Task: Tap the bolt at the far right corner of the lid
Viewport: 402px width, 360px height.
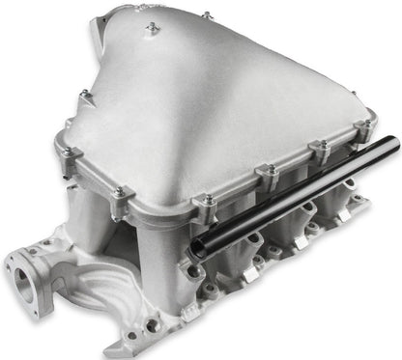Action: point(366,125)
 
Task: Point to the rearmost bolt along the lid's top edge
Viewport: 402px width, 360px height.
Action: point(207,16)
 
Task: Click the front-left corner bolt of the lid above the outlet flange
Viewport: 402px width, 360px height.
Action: point(119,193)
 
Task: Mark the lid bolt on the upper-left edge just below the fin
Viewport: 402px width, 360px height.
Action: point(85,95)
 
